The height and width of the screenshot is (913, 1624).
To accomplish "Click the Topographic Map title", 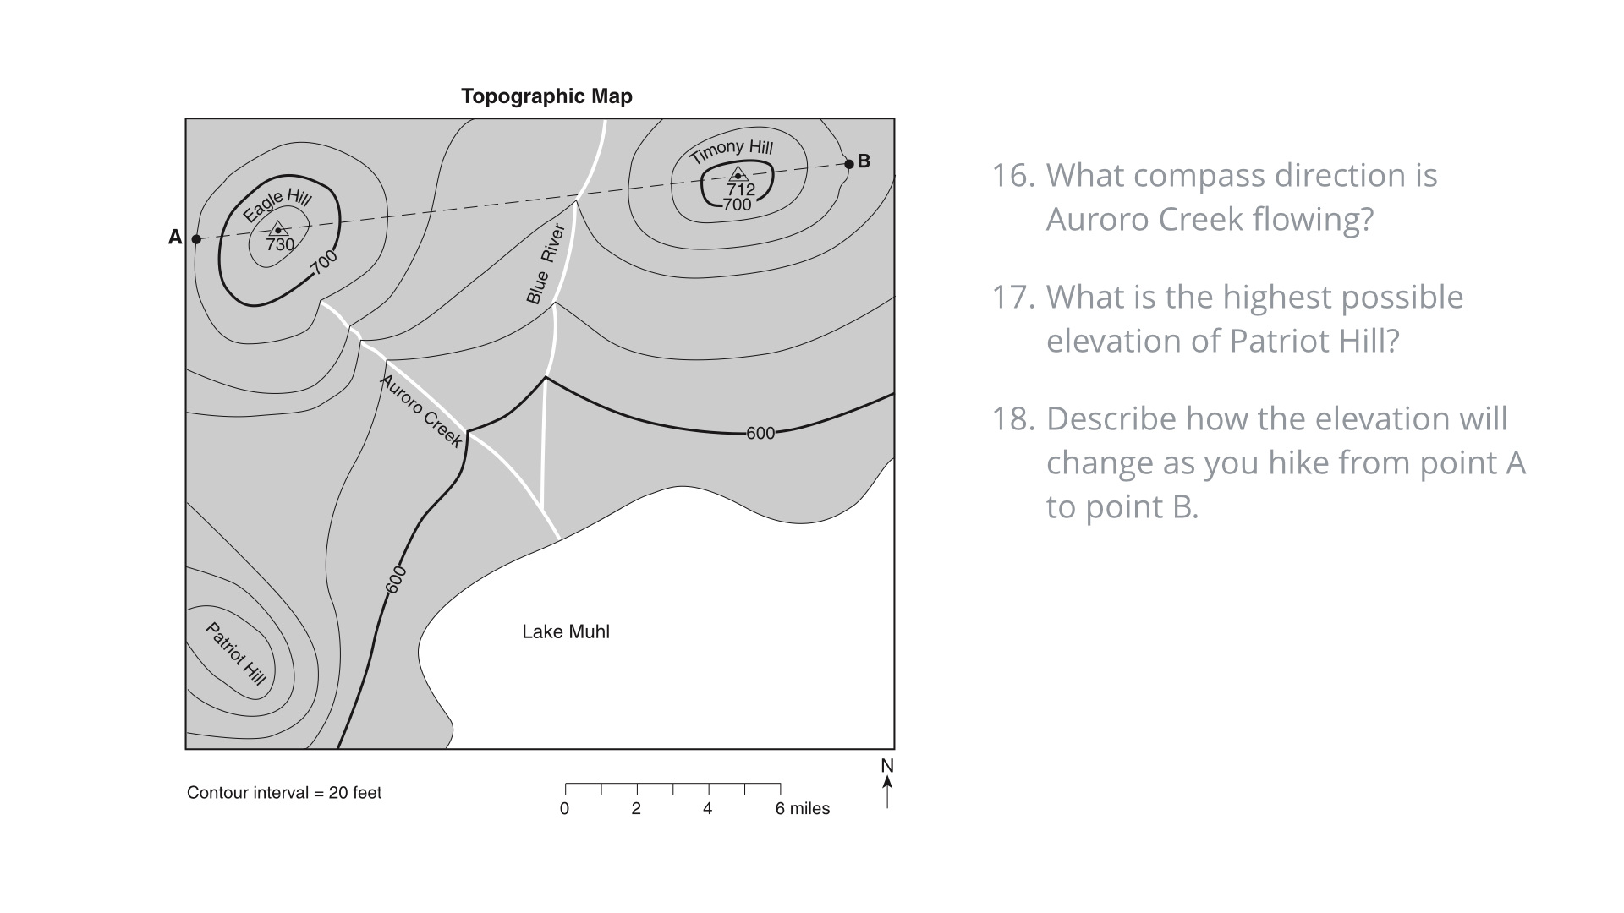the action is pos(546,96).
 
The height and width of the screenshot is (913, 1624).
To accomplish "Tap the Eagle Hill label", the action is pos(277,205).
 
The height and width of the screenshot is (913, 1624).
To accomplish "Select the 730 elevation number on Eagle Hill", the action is pos(280,245).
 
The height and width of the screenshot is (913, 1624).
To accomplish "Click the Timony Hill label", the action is pos(731,151).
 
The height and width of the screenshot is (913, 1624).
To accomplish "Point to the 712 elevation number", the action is pos(741,189).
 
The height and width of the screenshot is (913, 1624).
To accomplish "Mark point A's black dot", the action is pos(196,239).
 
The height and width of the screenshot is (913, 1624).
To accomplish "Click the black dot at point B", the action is pos(849,164).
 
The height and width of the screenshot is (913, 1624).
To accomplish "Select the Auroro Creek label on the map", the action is pos(421,411).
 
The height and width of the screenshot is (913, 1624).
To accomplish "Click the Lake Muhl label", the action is pos(566,631).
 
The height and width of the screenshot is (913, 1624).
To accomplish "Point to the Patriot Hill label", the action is pos(236,653).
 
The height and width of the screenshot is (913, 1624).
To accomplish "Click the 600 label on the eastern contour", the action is pos(760,433).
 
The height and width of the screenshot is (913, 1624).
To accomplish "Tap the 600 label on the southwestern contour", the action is pos(396,580).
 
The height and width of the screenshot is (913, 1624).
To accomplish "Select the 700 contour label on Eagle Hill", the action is pos(324,262).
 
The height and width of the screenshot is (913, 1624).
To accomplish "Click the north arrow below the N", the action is pos(887,792).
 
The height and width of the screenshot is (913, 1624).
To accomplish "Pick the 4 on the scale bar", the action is pos(707,809).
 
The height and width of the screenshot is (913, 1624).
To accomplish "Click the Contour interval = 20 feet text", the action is pos(284,793).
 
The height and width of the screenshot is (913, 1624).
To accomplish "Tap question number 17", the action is pos(1012,298).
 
